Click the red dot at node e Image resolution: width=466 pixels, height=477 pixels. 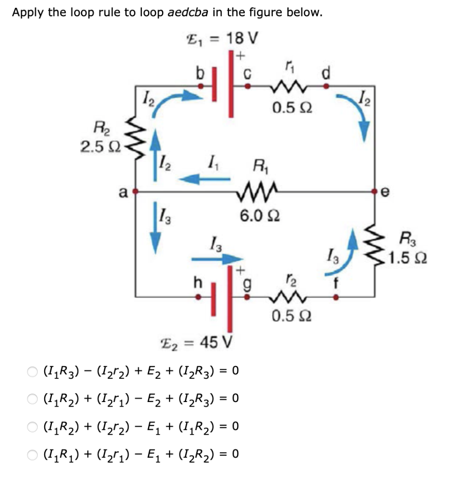(x=375, y=191)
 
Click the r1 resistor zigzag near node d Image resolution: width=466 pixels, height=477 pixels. (x=287, y=86)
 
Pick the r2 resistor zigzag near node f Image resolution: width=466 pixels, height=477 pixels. (x=287, y=296)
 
